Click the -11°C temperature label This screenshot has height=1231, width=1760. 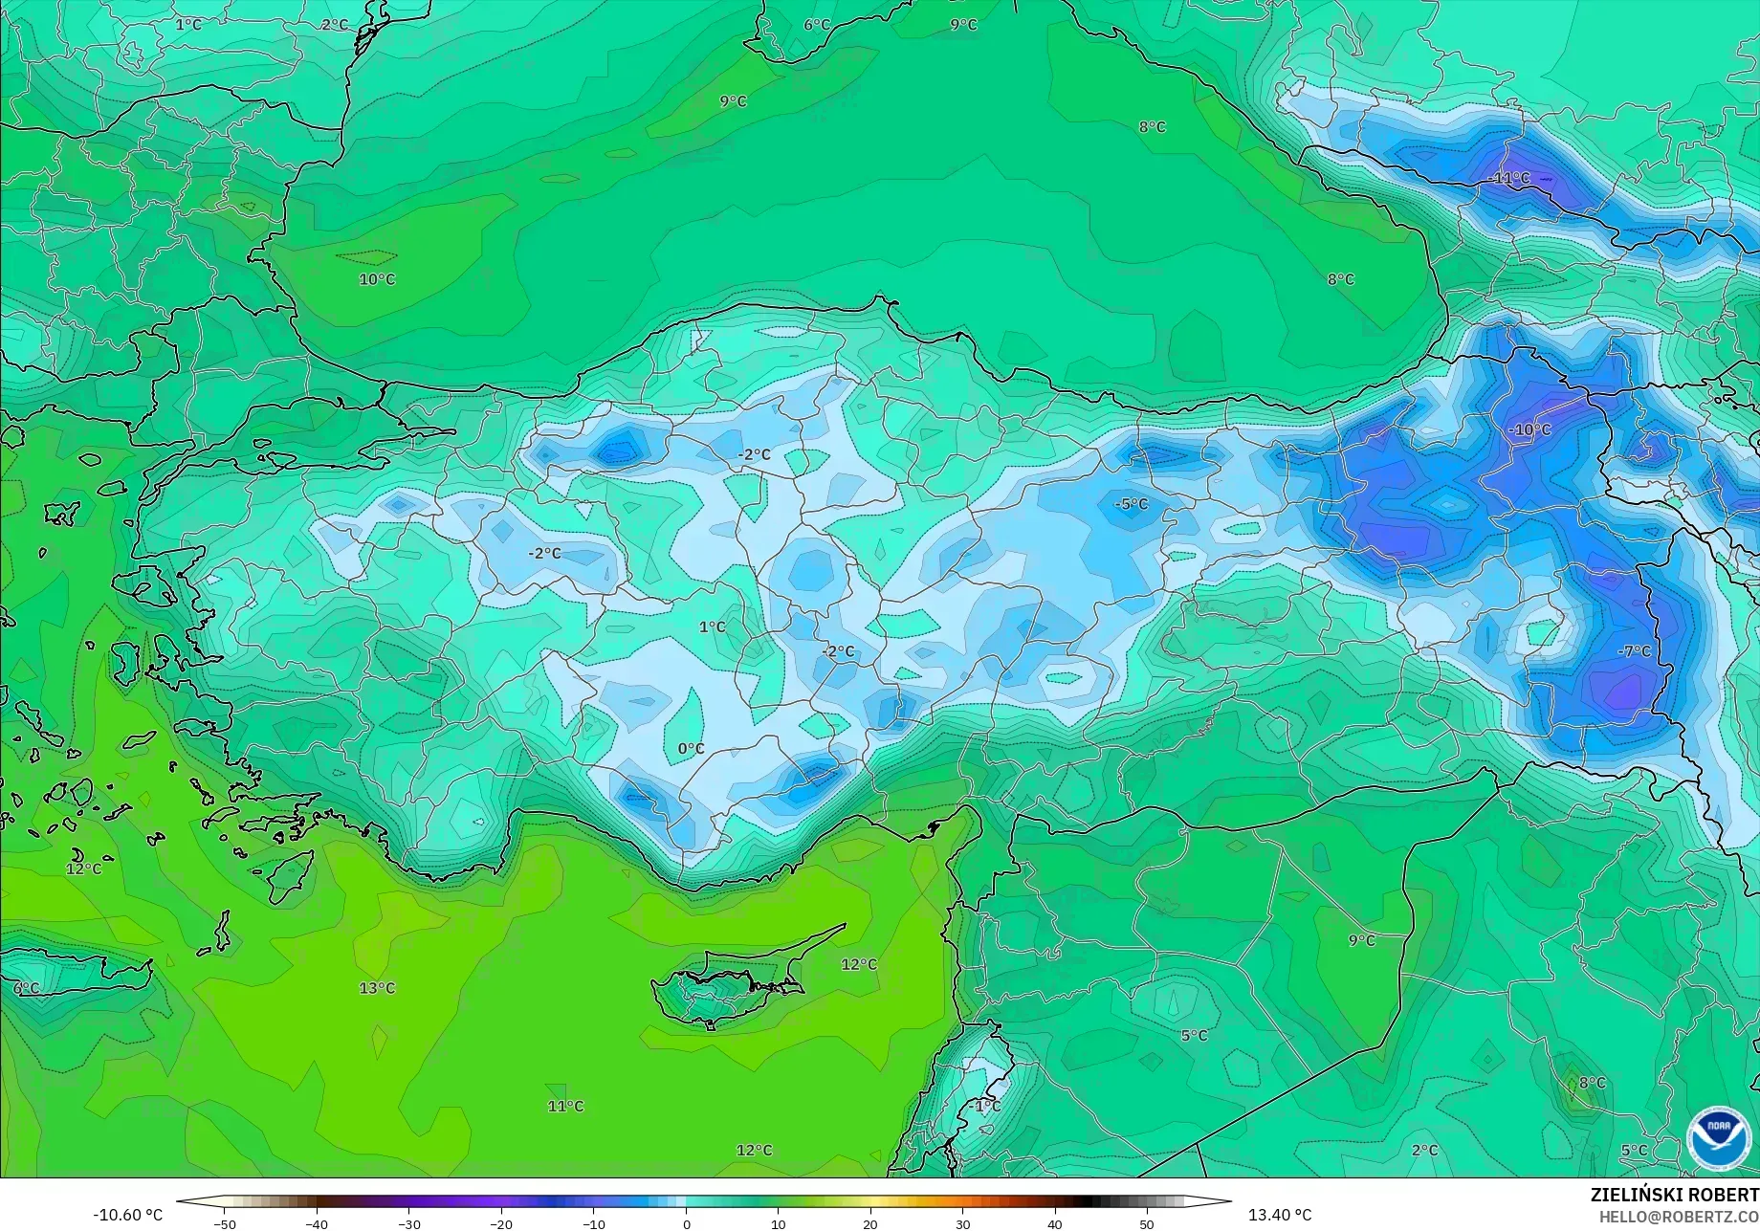1509,178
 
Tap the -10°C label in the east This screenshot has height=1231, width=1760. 1529,429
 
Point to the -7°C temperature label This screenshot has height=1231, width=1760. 1634,651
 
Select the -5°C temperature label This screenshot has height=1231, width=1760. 1131,504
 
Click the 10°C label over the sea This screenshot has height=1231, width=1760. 377,279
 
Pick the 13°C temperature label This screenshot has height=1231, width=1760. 377,988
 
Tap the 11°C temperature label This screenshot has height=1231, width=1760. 565,1107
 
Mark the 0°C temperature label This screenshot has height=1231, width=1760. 691,749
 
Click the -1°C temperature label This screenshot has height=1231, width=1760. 985,1107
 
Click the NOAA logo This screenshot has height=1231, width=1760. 1719,1139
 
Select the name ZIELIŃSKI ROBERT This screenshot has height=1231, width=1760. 1674,1196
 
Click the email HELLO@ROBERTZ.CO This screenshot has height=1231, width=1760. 1679,1217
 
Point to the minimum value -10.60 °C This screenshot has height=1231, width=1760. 127,1215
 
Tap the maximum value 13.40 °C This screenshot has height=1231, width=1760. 1280,1215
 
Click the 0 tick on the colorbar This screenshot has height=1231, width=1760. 686,1224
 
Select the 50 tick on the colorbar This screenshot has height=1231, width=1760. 1146,1224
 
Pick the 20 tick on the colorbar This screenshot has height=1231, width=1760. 869,1224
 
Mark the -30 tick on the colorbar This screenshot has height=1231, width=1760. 408,1224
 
